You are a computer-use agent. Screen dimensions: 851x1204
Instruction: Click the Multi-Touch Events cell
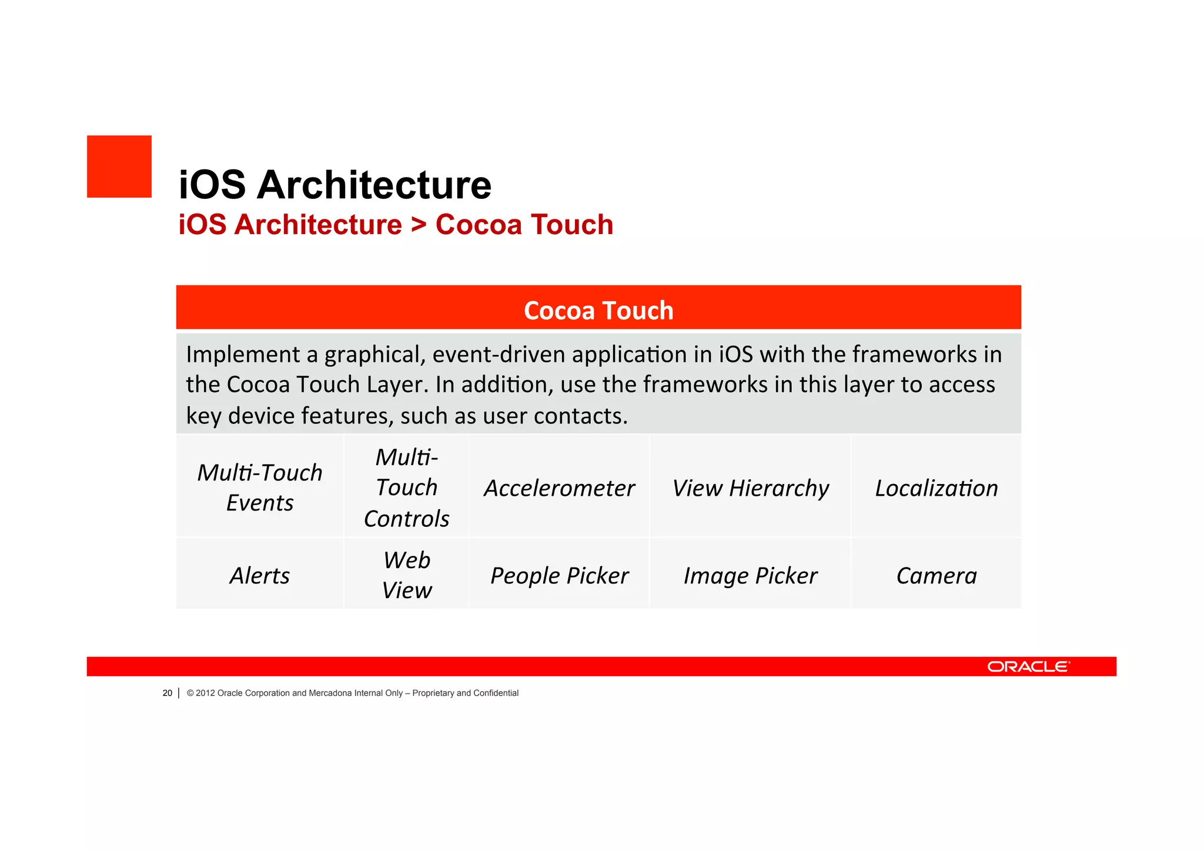click(259, 487)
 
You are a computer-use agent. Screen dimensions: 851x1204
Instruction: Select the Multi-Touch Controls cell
click(406, 487)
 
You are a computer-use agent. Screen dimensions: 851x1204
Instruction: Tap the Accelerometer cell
click(559, 488)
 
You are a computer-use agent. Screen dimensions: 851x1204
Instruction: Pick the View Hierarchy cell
click(750, 488)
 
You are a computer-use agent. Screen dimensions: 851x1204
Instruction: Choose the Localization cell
click(936, 488)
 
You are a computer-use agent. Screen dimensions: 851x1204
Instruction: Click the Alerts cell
click(259, 575)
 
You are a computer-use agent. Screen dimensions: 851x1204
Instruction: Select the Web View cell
click(406, 575)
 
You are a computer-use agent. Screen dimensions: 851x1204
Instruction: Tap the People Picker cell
click(559, 575)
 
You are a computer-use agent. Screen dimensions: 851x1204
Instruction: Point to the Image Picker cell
click(750, 575)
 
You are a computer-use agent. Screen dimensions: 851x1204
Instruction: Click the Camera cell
click(936, 575)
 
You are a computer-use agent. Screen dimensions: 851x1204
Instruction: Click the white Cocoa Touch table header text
click(598, 310)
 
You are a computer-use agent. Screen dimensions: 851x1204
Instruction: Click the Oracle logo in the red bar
click(1028, 666)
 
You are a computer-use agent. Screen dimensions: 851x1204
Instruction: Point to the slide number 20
click(168, 693)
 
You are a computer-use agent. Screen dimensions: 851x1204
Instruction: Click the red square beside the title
click(119, 166)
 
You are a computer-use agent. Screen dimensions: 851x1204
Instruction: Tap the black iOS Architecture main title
click(335, 185)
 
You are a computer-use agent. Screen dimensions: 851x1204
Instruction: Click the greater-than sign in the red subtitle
click(419, 225)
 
